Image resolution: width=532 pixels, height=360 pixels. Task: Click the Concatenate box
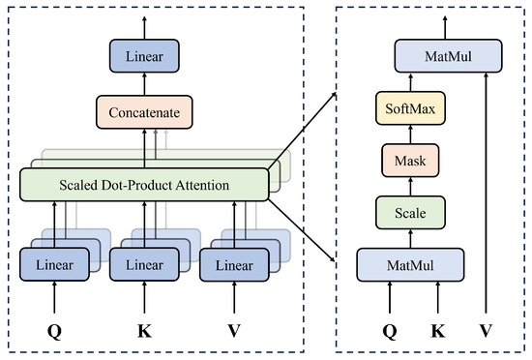(x=144, y=112)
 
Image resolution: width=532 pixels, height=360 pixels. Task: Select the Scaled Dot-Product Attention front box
(x=144, y=185)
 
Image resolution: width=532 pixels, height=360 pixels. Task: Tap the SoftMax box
(x=410, y=108)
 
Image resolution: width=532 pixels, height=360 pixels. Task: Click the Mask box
(x=410, y=161)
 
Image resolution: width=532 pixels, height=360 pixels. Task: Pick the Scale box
(x=410, y=213)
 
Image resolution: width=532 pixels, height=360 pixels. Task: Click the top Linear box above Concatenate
(x=144, y=56)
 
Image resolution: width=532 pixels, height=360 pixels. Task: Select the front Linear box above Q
(x=54, y=264)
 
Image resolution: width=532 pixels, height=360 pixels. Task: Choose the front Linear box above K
(x=144, y=264)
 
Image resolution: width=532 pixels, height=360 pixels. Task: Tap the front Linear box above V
(x=234, y=264)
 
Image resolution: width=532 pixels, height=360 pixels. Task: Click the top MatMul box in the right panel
(x=448, y=56)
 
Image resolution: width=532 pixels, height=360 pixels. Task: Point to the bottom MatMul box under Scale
(x=410, y=264)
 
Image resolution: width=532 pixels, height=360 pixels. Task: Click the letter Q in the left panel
(x=54, y=331)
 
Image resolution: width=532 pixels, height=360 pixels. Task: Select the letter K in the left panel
(x=144, y=330)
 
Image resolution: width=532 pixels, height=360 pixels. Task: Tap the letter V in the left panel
(x=234, y=330)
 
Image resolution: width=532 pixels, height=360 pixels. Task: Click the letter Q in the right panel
(x=390, y=331)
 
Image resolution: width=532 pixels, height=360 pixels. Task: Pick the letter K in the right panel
(x=438, y=330)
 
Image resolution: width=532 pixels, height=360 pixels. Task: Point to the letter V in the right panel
(x=487, y=330)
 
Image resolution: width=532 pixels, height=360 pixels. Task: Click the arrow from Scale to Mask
(x=410, y=187)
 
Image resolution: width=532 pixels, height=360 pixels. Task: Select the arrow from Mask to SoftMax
(x=410, y=135)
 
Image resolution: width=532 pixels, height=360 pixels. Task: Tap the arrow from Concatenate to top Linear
(x=144, y=84)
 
